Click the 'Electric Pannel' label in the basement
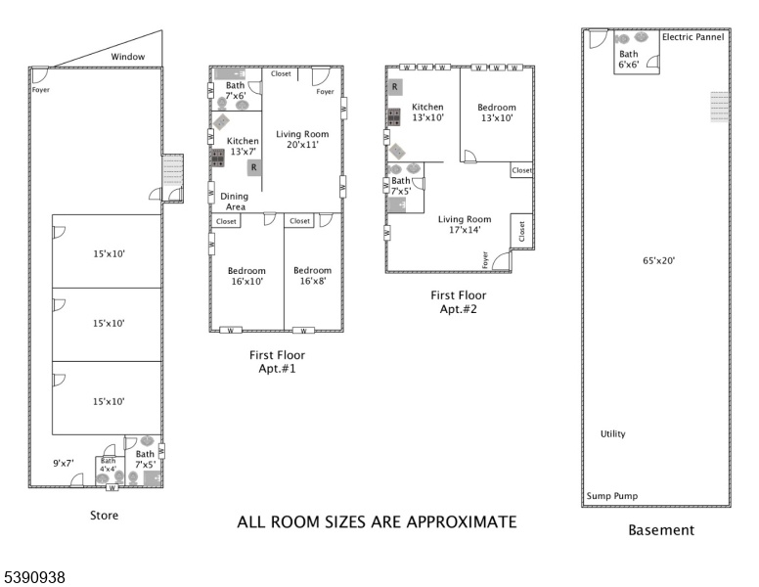tap(692, 37)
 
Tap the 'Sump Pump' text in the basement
tap(612, 496)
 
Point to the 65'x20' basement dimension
tap(658, 260)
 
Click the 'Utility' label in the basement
tap(613, 434)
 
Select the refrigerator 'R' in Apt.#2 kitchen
tap(394, 87)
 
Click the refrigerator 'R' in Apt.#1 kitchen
tap(254, 168)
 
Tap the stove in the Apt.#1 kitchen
tap(218, 158)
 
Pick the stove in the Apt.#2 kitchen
tap(393, 116)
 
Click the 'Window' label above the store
tap(128, 57)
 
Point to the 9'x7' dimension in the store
tap(64, 464)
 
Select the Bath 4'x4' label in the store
tap(108, 465)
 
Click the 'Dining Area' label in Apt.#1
tap(235, 202)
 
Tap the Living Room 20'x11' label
tap(302, 139)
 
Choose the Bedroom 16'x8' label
tap(313, 276)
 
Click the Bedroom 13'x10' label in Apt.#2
tap(497, 113)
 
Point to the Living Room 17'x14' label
tap(465, 224)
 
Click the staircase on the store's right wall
tap(172, 170)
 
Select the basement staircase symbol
tap(719, 107)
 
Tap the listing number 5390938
tap(34, 577)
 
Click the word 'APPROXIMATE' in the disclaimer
tap(462, 522)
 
